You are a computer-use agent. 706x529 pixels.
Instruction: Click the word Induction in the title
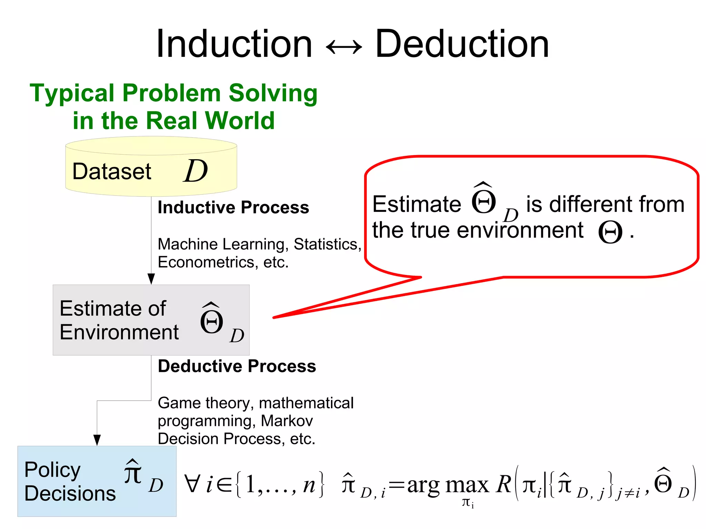(234, 44)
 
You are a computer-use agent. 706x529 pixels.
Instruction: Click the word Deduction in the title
(462, 44)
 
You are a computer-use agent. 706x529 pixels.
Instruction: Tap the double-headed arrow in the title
(344, 47)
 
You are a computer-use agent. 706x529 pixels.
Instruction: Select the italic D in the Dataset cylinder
(195, 171)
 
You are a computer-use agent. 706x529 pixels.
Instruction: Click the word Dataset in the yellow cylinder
(112, 171)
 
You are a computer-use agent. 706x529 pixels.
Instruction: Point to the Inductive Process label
(233, 207)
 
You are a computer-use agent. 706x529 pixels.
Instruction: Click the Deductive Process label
(237, 366)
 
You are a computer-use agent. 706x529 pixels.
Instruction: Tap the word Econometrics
(206, 262)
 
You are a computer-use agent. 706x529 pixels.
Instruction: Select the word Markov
(287, 421)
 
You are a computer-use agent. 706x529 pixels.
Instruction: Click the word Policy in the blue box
(52, 470)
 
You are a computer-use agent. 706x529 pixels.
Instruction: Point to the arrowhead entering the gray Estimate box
(151, 279)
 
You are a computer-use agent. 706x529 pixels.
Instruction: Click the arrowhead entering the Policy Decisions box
(97, 440)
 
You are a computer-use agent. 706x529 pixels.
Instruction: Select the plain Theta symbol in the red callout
(610, 232)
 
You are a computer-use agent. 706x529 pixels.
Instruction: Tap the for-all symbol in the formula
(192, 484)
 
